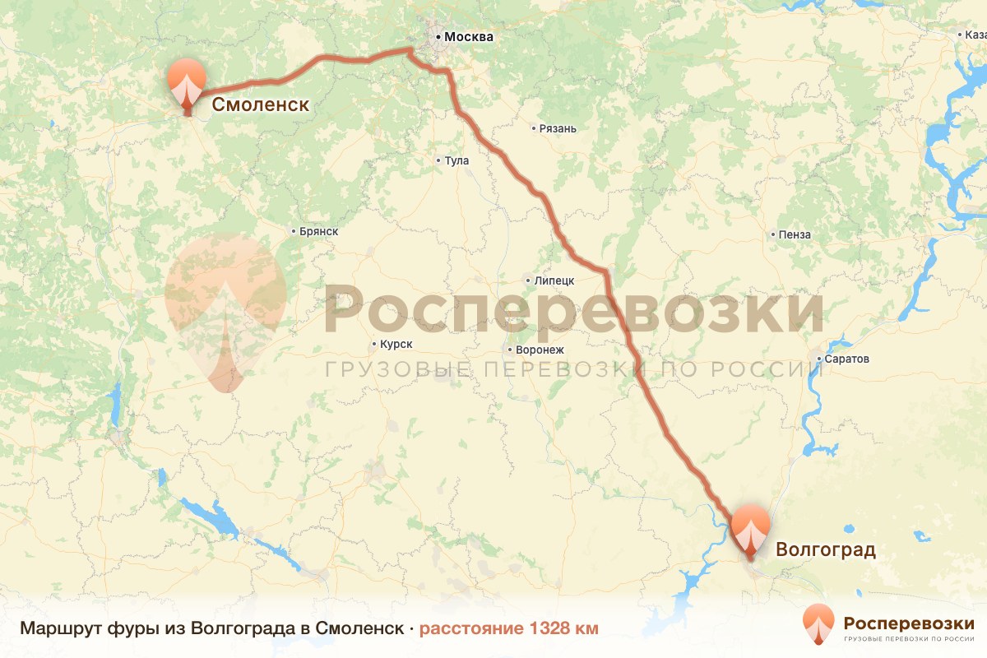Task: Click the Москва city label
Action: point(469,37)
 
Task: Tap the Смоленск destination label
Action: point(261,104)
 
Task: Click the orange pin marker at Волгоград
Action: point(750,531)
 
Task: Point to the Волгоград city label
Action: point(825,550)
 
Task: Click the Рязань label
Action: point(558,128)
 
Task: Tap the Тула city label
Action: point(456,160)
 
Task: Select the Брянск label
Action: point(318,232)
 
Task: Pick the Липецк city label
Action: point(554,280)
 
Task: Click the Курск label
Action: point(396,345)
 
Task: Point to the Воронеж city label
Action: point(539,350)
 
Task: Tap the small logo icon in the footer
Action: point(818,623)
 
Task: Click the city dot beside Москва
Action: point(438,37)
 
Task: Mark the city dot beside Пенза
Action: point(774,235)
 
